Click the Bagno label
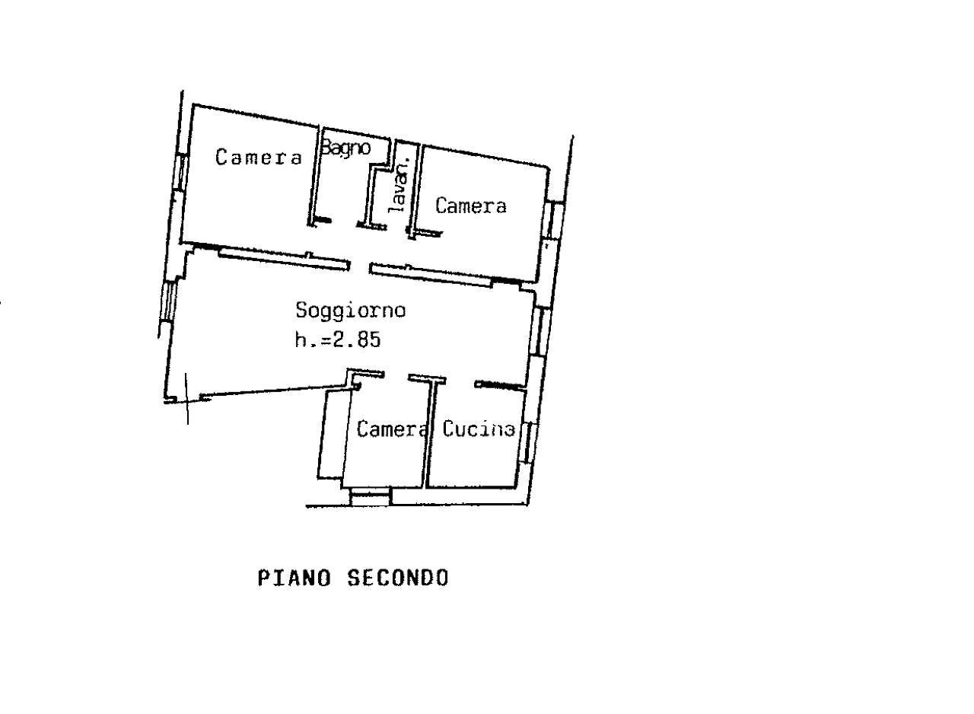pyautogui.click(x=345, y=148)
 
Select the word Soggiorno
pyautogui.click(x=351, y=311)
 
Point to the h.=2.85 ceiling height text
pyautogui.click(x=338, y=339)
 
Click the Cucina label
pyautogui.click(x=479, y=429)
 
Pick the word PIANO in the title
pyautogui.click(x=294, y=579)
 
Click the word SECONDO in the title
pyautogui.click(x=398, y=579)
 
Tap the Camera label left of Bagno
pyautogui.click(x=259, y=157)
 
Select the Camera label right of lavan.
pyautogui.click(x=471, y=206)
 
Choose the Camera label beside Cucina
pyautogui.click(x=392, y=429)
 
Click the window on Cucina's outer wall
pyautogui.click(x=528, y=442)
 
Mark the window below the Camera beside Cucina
pyautogui.click(x=371, y=497)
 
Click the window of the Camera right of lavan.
pyautogui.click(x=550, y=220)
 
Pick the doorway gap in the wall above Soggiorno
pyautogui.click(x=360, y=266)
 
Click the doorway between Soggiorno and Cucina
pyautogui.click(x=460, y=381)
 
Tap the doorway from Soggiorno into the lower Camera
pyautogui.click(x=396, y=375)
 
